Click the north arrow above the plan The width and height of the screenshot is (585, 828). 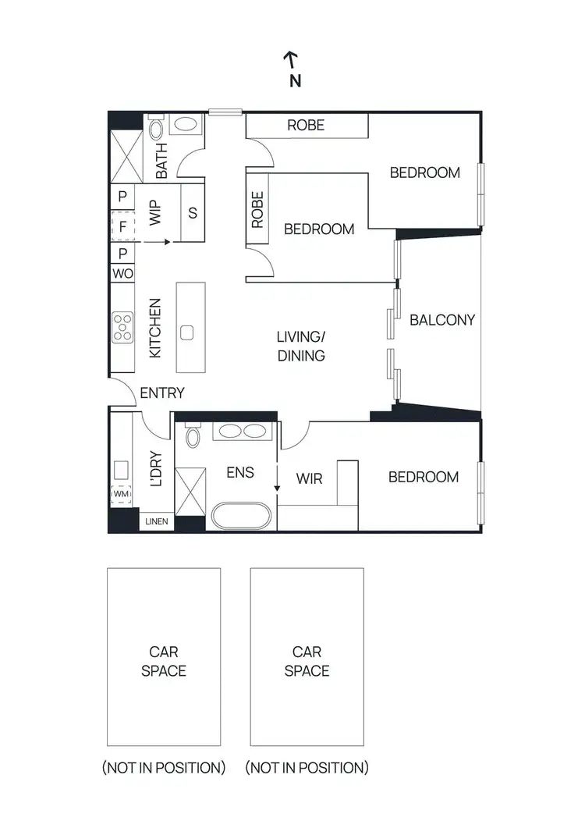point(290,58)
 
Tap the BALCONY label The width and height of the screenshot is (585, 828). point(442,320)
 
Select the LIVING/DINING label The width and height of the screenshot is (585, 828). point(300,346)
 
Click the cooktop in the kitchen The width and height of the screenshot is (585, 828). point(122,327)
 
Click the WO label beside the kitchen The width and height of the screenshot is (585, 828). point(122,274)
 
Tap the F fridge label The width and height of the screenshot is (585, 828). point(122,227)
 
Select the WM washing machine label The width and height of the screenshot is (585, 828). point(122,494)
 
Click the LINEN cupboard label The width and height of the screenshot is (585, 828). point(157,522)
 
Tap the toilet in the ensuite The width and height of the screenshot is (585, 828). point(192,434)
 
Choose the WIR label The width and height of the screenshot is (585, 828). point(310,477)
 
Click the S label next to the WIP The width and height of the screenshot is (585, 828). point(192,212)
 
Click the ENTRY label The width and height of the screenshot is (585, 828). point(162,393)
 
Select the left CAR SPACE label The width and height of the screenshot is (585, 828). point(164,661)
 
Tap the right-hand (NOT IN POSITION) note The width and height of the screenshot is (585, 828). point(307,768)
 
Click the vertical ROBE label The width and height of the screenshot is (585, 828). point(257,211)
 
